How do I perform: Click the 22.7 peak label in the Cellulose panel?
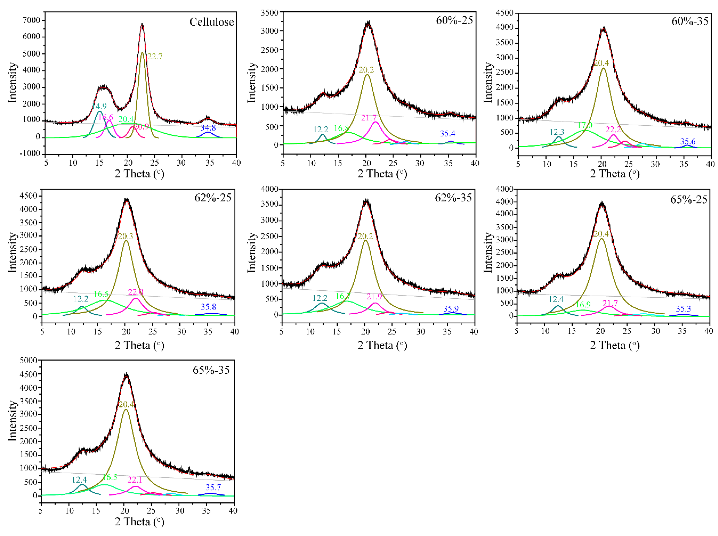(x=155, y=56)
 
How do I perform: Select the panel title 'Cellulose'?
(x=212, y=22)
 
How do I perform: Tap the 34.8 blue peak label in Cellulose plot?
(x=208, y=128)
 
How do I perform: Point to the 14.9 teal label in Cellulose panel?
(x=99, y=106)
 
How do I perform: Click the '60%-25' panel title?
(x=454, y=20)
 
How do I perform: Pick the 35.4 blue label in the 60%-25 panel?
(x=448, y=133)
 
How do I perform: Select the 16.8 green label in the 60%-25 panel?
(x=342, y=128)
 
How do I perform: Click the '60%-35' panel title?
(x=690, y=21)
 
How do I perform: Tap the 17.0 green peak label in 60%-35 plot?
(x=585, y=125)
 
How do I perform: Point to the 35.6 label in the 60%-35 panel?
(x=688, y=141)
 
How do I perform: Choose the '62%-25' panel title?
(x=213, y=198)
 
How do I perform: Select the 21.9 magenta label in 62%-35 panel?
(x=374, y=296)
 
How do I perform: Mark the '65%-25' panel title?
(x=689, y=199)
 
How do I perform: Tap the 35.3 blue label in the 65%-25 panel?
(x=683, y=309)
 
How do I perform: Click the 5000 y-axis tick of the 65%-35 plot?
(x=29, y=360)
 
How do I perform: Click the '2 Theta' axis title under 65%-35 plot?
(x=139, y=522)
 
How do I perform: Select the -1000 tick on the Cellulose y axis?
(x=30, y=153)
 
